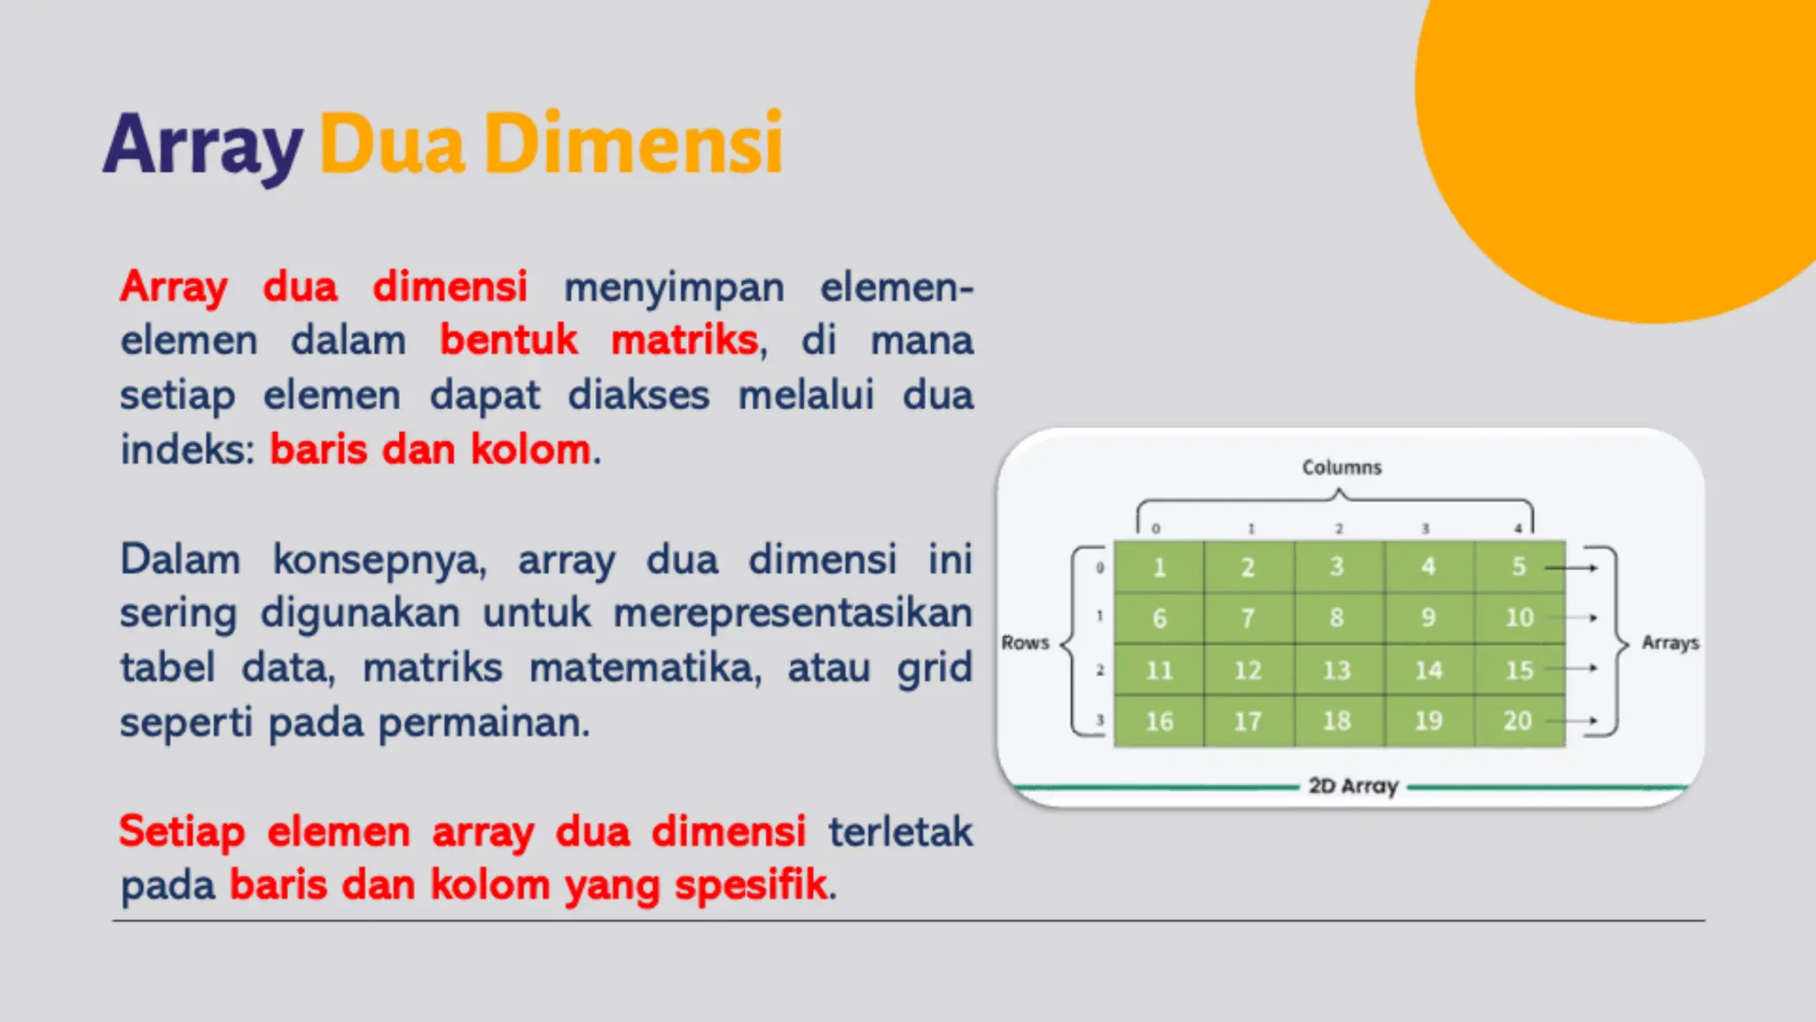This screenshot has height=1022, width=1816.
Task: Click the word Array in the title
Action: (x=203, y=145)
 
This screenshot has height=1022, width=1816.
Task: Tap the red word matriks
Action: (x=685, y=341)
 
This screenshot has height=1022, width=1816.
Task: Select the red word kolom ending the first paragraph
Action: (x=530, y=450)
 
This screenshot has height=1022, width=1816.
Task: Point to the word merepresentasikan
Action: (x=793, y=613)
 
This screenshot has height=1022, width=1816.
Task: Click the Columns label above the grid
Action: (x=1342, y=468)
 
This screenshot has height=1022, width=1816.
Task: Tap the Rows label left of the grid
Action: (x=1025, y=642)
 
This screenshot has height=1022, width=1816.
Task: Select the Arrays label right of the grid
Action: (x=1670, y=642)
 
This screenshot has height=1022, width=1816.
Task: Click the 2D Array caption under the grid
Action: (x=1353, y=786)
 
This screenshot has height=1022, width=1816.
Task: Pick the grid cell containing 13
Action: (x=1337, y=670)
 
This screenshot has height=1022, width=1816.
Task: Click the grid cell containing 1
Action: (x=1159, y=567)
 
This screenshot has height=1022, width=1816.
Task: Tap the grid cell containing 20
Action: (x=1517, y=720)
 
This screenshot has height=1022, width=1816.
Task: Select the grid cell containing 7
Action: (x=1248, y=618)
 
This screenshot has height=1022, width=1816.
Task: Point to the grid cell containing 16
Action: (x=1159, y=721)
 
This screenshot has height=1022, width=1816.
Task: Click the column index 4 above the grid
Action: (x=1518, y=529)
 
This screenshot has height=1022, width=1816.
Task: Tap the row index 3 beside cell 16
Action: (x=1100, y=720)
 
